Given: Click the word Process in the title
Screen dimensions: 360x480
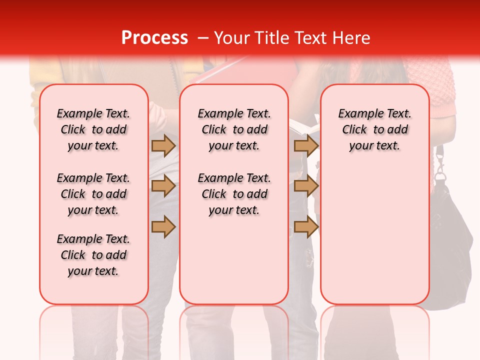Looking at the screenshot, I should [154, 37].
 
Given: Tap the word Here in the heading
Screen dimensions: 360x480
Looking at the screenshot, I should [351, 37].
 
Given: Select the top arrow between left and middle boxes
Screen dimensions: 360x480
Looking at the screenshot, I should [163, 145].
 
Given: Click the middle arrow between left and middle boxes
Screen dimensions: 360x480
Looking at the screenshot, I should [163, 186].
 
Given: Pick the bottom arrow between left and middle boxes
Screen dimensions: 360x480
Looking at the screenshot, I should [163, 226].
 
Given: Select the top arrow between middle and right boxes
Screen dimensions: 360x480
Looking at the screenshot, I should [306, 145].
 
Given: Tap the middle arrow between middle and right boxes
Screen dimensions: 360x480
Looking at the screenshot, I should [306, 186].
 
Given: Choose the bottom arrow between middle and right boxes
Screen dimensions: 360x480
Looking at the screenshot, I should [306, 226].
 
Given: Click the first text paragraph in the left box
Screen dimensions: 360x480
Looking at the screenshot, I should [93, 129].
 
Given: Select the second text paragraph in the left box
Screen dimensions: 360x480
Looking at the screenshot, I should [93, 194].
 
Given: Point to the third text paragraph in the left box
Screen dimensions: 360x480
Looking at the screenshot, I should [93, 255].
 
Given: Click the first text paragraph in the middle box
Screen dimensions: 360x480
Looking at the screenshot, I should [234, 129].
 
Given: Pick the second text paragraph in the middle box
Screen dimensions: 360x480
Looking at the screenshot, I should [234, 194].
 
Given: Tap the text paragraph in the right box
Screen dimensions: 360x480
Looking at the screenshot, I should [374, 129].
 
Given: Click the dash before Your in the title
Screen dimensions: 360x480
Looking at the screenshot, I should [203, 38].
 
